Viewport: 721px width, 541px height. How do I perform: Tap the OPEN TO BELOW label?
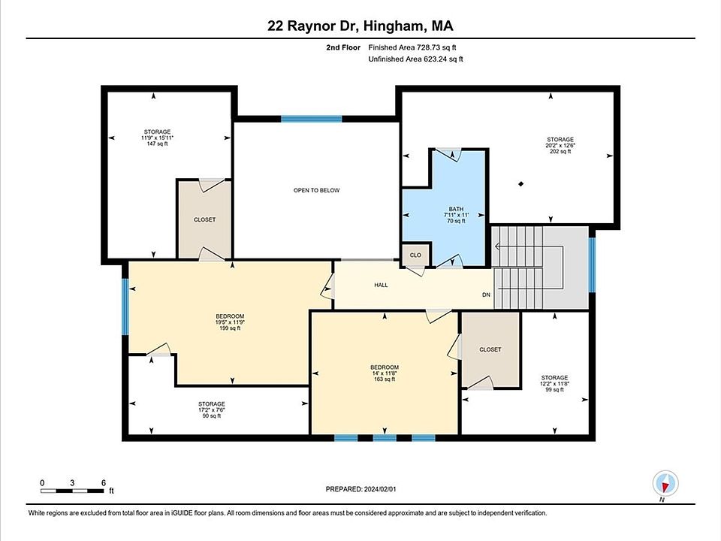316,190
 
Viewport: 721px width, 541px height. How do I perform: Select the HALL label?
381,286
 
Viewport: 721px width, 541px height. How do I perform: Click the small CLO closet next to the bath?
415,255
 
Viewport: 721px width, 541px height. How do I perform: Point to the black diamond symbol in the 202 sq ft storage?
521,184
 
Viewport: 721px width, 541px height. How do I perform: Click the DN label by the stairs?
486,295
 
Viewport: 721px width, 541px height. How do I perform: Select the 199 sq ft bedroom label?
230,322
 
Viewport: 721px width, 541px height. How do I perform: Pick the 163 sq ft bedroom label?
385,373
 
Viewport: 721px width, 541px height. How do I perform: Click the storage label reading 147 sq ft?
157,138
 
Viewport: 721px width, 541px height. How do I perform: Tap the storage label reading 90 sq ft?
212,410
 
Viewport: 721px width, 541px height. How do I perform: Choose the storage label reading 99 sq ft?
554,383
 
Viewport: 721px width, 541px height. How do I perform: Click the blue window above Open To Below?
311,119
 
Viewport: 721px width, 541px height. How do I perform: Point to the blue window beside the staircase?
593,264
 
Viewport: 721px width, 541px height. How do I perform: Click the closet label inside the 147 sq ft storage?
204,220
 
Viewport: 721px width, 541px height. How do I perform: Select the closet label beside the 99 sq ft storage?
490,349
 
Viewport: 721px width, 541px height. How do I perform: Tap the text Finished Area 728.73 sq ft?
412,47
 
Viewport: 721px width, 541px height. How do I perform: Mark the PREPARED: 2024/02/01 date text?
360,489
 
